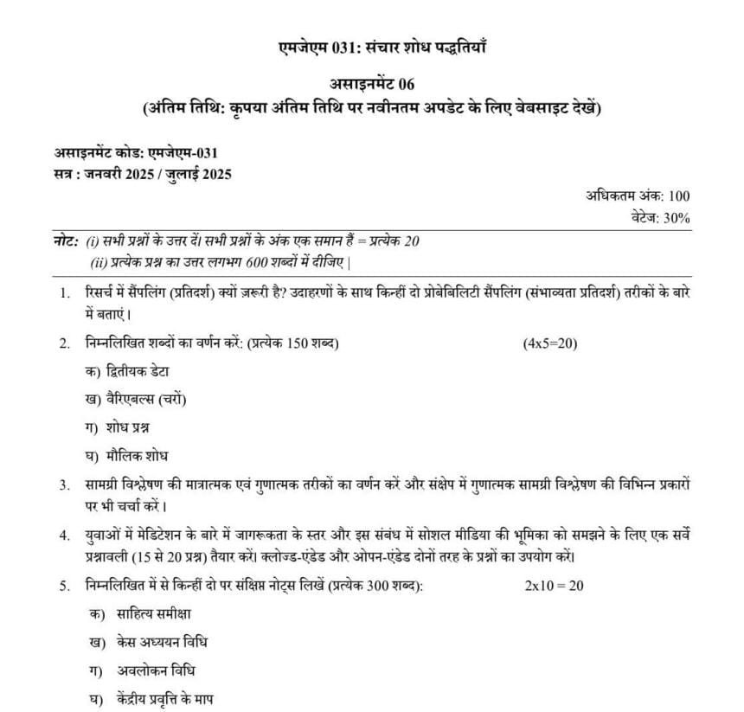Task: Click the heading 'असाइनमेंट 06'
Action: (373, 83)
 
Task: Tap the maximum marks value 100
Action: (679, 197)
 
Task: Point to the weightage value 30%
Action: (676, 218)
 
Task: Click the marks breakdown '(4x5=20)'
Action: (549, 343)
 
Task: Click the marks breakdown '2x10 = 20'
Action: (554, 586)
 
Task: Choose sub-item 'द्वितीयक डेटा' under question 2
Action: (138, 371)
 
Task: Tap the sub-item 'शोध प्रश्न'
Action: (132, 427)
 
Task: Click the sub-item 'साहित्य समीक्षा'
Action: (153, 613)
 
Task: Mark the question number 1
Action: (64, 294)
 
